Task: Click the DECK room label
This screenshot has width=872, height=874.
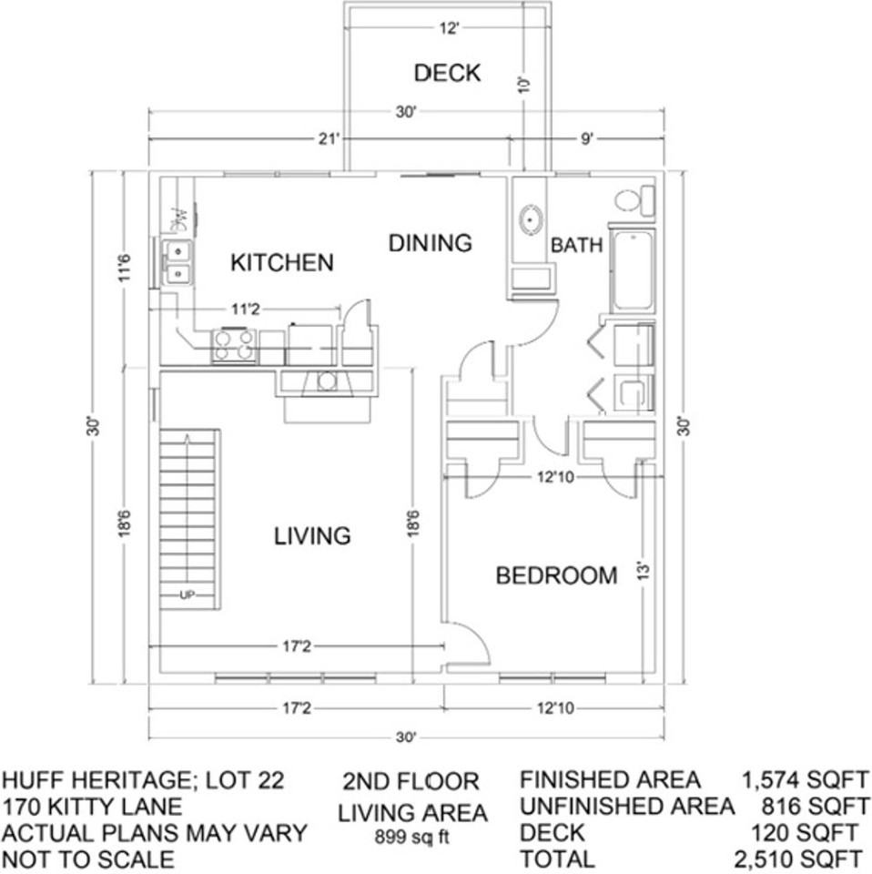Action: (447, 73)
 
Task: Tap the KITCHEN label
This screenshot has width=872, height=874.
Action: (282, 263)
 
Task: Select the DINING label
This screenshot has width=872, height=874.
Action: (431, 243)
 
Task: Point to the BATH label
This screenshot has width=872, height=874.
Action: (576, 245)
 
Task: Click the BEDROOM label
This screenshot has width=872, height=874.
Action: (556, 576)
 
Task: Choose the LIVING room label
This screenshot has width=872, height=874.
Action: (312, 535)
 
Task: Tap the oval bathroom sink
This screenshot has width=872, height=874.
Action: (531, 219)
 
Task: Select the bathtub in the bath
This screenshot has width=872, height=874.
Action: (633, 271)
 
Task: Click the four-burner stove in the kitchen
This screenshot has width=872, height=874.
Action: (234, 346)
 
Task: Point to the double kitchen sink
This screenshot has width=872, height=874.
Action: (178, 261)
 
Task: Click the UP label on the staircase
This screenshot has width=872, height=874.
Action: (188, 595)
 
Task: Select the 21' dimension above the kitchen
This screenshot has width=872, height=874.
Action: (329, 138)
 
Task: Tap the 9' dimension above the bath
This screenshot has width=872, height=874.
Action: (587, 138)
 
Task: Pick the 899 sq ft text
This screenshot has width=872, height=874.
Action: (412, 836)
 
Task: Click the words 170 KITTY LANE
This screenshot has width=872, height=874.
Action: (93, 807)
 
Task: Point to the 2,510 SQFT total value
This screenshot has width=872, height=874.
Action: (798, 859)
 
